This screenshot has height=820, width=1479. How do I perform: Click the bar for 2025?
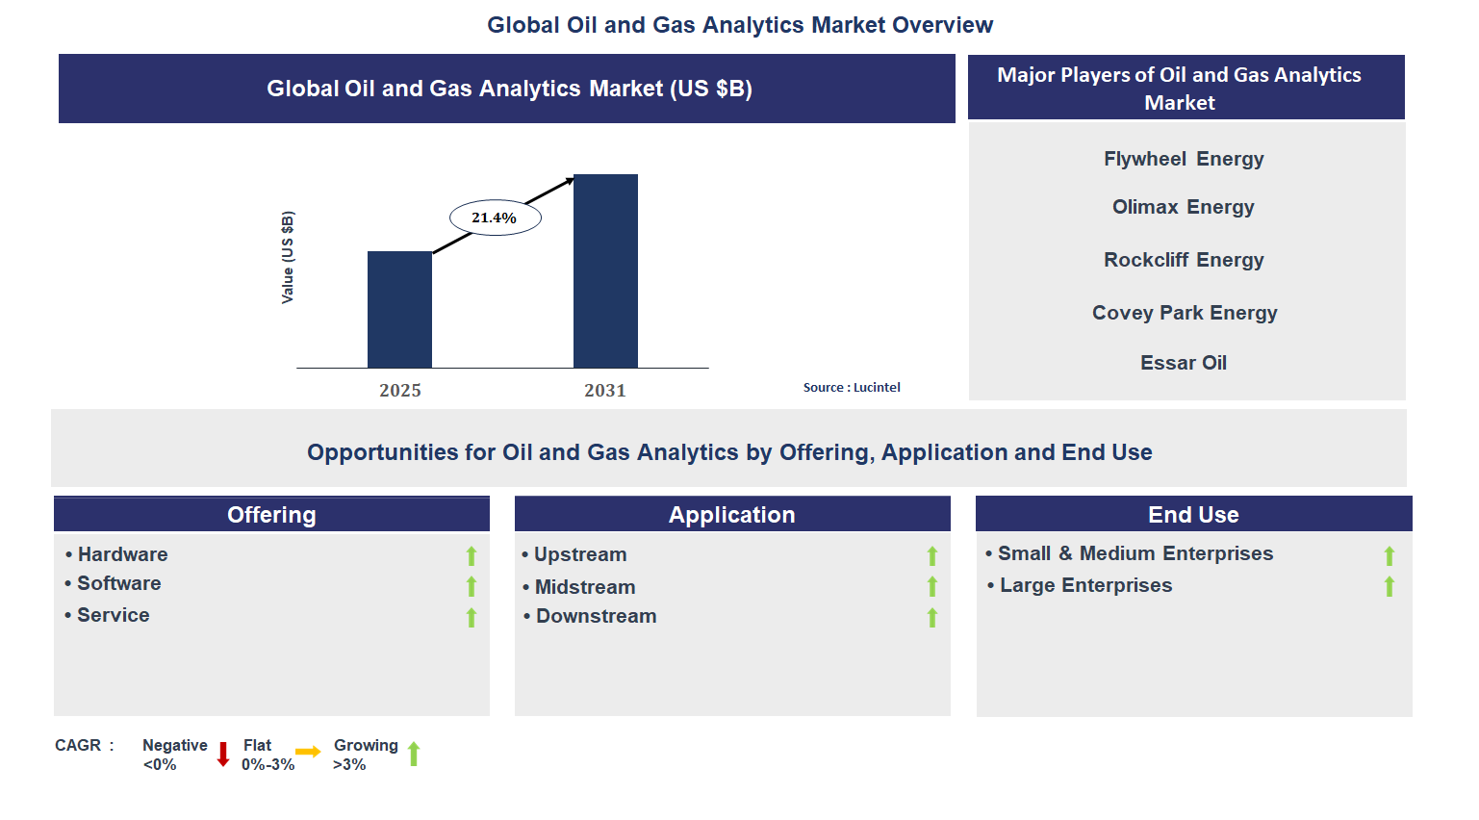click(x=399, y=310)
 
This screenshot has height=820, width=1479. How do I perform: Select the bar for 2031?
click(x=605, y=271)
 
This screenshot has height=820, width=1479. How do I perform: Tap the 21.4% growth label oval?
click(x=495, y=218)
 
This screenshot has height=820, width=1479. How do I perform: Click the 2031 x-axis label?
click(x=604, y=391)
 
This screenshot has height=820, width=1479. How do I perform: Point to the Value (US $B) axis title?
click(x=288, y=257)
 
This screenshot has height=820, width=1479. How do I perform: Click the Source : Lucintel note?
click(x=852, y=388)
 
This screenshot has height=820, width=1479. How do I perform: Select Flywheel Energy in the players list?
click(x=1184, y=159)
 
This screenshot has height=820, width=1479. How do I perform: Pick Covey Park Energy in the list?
click(x=1185, y=313)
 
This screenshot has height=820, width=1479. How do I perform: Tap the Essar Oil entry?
click(x=1184, y=363)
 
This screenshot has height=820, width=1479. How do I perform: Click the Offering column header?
click(x=271, y=515)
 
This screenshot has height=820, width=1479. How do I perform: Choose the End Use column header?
click(x=1193, y=515)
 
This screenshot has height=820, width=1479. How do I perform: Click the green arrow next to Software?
click(x=472, y=586)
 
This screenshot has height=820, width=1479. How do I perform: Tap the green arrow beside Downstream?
click(x=932, y=618)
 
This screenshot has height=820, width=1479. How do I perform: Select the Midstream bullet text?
click(x=585, y=587)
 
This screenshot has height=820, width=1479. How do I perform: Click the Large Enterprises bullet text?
click(x=1085, y=585)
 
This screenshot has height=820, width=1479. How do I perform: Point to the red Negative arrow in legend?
click(x=223, y=754)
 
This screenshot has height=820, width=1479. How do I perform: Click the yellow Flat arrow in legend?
click(x=308, y=752)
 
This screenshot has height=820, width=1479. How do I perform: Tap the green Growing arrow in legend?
click(x=414, y=754)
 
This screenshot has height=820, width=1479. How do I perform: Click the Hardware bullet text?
click(x=122, y=554)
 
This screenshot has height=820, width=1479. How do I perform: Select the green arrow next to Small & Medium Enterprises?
click(x=1390, y=556)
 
